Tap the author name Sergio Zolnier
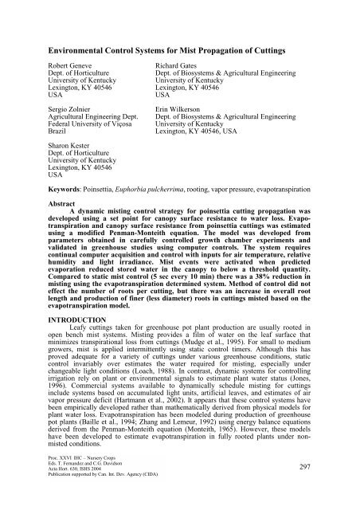[x=68, y=126]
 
